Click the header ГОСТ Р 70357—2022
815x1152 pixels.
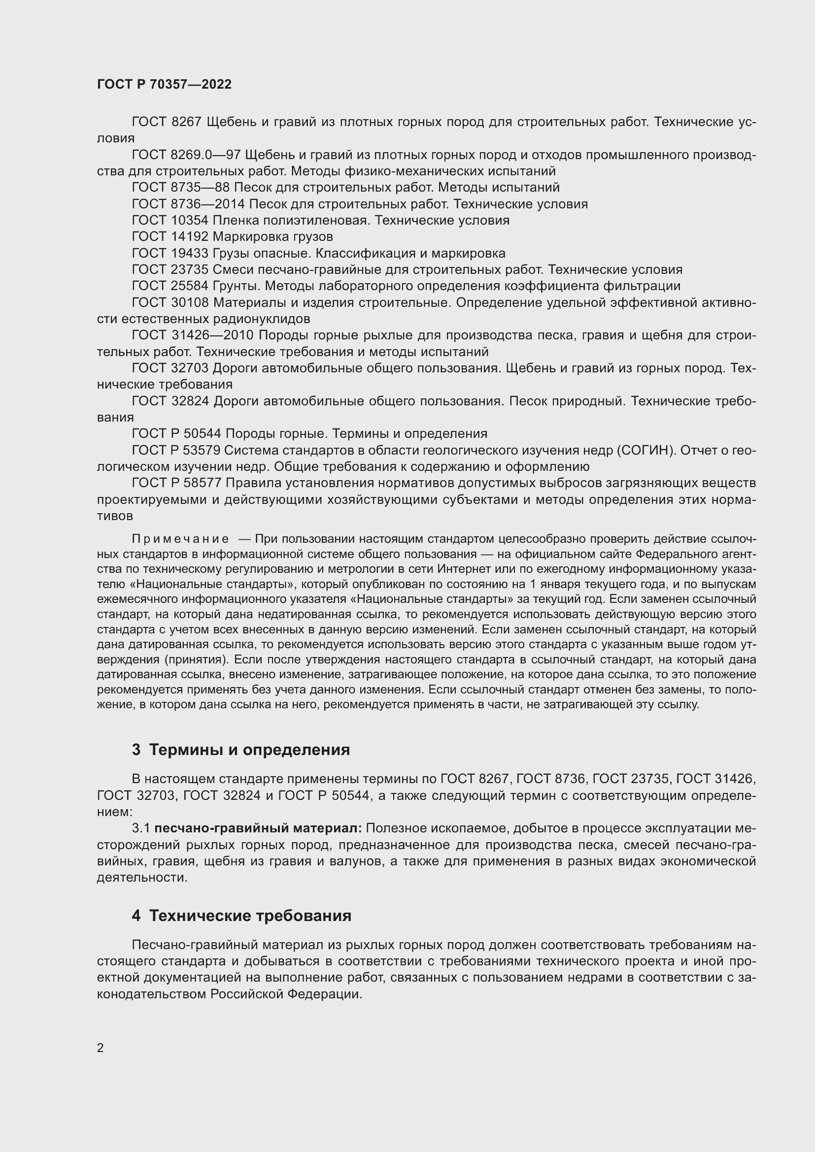point(164,84)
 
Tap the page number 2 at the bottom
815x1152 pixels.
point(101,1048)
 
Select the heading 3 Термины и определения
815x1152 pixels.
point(241,750)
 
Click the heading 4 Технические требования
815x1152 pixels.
point(241,916)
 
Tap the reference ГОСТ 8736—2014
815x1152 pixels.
point(188,204)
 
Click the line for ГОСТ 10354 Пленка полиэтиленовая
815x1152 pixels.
point(320,220)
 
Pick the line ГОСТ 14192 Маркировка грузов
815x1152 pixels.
point(232,236)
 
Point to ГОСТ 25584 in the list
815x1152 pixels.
point(170,286)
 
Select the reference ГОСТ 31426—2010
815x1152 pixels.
point(192,335)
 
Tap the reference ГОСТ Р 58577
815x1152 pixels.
point(177,483)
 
